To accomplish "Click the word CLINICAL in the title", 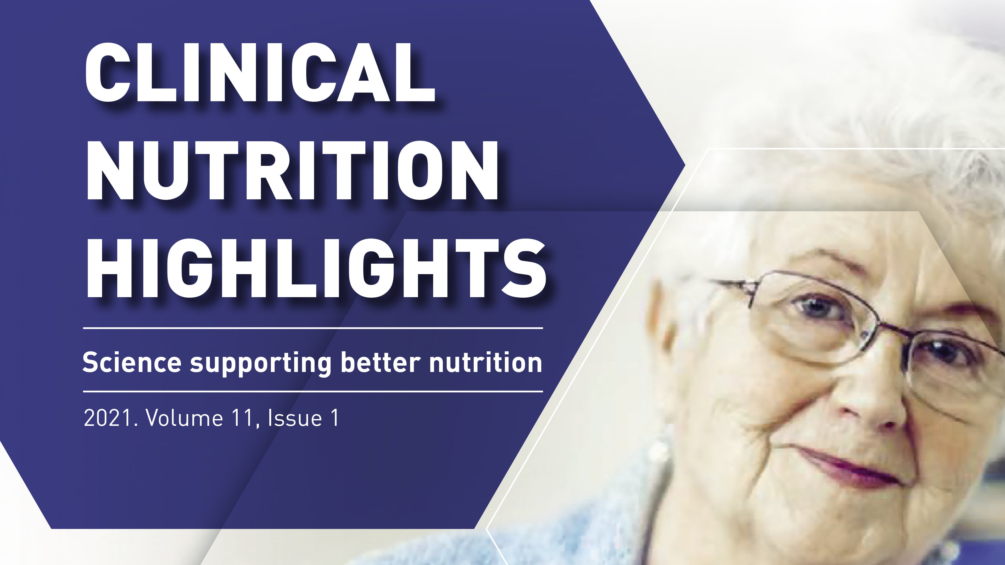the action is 260,72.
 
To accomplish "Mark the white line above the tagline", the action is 313,328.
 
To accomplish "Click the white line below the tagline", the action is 313,391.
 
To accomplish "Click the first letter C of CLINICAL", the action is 110,72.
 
